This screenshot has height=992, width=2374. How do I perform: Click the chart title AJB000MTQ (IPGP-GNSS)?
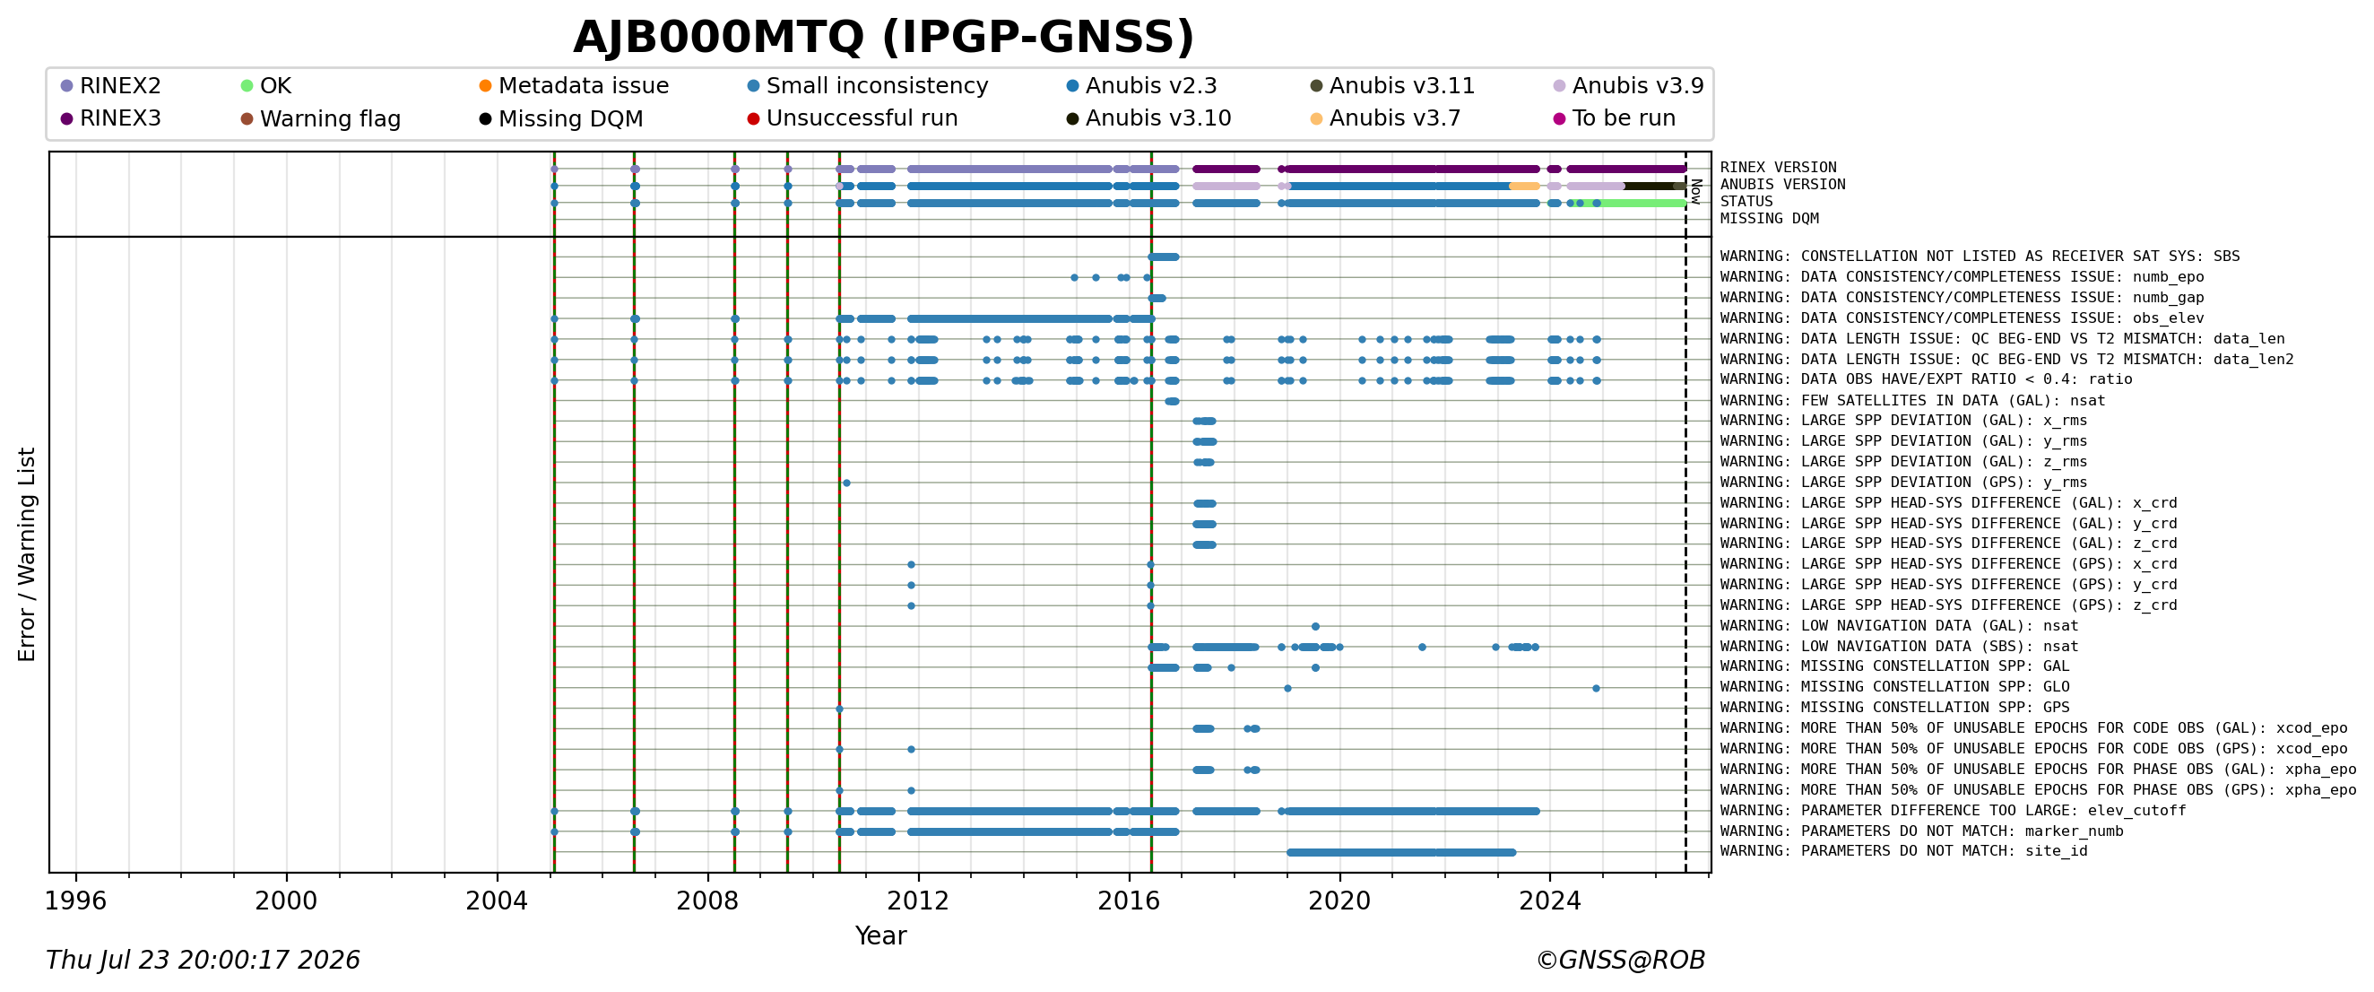883,38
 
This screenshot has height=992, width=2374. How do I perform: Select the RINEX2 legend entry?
110,86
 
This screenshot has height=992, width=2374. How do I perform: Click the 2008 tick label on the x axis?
707,901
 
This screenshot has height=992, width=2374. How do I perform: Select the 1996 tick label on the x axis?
75,901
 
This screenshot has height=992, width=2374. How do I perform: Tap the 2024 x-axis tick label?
1550,901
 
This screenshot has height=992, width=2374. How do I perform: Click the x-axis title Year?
881,935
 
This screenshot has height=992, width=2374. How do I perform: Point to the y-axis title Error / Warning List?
27,555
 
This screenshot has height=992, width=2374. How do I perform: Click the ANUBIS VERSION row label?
1782,185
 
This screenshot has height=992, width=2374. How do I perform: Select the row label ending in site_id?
1904,851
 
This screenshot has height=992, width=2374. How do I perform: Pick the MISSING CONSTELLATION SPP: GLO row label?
1894,687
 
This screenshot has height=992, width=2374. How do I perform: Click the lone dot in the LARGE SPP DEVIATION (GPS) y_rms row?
846,483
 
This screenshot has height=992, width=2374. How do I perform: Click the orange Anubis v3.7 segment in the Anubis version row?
1524,187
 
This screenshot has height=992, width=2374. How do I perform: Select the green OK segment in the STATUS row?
1643,203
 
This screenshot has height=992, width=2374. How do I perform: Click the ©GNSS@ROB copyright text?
1620,961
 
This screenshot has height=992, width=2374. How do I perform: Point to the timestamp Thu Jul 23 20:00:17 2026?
203,961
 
